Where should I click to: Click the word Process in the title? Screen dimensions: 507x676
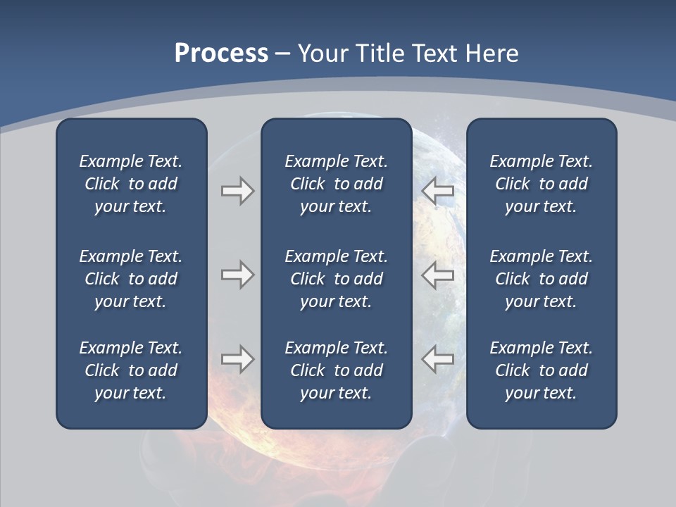[221, 54]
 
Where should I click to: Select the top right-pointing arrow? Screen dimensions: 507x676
[237, 191]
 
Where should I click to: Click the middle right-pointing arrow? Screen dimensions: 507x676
[237, 275]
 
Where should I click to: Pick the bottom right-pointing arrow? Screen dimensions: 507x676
[237, 359]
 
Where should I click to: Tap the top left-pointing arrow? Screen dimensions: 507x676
[438, 191]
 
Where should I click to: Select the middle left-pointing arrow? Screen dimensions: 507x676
[438, 275]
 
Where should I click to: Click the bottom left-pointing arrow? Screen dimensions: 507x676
[438, 359]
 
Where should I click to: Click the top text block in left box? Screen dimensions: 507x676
[131, 184]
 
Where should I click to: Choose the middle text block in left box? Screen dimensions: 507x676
[131, 279]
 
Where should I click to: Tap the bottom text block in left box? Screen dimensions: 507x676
[131, 370]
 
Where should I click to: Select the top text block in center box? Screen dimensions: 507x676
[336, 184]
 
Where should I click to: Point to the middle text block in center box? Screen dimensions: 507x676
[336, 279]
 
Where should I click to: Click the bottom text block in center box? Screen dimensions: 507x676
[336, 370]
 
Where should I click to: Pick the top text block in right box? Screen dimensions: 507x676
[541, 184]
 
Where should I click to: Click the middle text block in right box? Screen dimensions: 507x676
[541, 279]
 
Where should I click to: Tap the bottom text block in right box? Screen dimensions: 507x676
[541, 370]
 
